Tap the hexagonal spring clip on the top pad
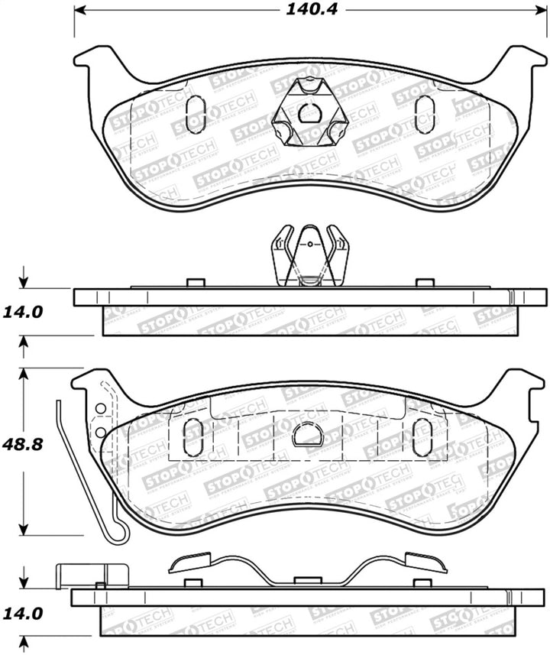(x=309, y=114)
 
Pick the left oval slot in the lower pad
(x=194, y=437)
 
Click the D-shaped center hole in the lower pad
(x=307, y=435)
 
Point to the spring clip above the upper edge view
(x=309, y=256)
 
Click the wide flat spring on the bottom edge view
(x=308, y=569)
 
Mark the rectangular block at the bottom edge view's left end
(x=92, y=575)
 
